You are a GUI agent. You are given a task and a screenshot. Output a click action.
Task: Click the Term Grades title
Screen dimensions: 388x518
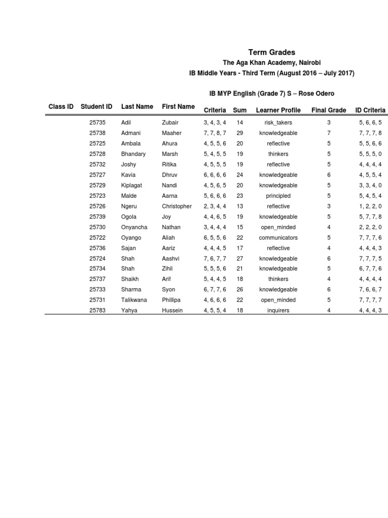271,53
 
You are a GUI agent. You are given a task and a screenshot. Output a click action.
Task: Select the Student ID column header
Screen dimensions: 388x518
96,107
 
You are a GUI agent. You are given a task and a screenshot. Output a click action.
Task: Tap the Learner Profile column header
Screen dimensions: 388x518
278,110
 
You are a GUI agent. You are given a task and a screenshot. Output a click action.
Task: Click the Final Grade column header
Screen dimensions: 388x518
329,110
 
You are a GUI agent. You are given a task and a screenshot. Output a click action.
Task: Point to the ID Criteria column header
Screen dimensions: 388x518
370,110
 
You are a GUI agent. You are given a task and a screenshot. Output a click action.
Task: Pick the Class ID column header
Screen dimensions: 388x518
61,107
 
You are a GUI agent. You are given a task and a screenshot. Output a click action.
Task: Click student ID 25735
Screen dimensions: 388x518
98,123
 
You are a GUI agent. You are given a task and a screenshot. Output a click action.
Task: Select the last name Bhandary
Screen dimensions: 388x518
133,154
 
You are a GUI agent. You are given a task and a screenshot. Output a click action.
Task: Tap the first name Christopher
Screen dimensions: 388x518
177,206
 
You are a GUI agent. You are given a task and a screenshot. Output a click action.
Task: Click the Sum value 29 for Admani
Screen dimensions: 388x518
240,133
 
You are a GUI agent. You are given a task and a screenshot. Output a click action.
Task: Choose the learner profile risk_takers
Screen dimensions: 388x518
278,123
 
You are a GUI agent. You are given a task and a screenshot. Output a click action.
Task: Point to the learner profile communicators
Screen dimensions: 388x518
278,238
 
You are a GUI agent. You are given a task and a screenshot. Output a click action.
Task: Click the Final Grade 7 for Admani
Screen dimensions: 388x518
329,133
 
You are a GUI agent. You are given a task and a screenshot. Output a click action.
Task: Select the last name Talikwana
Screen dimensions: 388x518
134,300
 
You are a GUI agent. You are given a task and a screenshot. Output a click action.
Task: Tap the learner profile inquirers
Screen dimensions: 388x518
278,311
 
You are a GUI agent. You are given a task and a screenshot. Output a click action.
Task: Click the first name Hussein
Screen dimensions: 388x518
172,311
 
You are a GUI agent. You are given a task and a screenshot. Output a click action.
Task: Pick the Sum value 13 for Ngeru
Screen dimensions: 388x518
240,206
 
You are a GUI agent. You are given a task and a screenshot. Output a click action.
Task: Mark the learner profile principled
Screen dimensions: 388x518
278,196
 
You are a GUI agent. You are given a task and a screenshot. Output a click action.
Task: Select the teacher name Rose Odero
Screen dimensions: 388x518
317,94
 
